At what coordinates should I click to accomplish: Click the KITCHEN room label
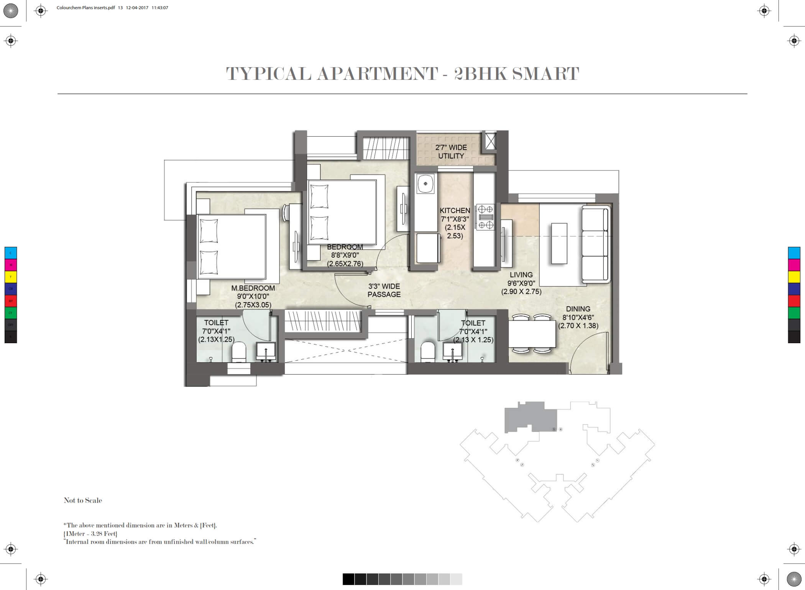click(x=455, y=211)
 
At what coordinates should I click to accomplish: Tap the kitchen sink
click(x=426, y=183)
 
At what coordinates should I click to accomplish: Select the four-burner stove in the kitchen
click(x=485, y=217)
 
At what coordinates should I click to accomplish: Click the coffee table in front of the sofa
click(x=559, y=243)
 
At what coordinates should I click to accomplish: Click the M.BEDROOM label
click(x=253, y=288)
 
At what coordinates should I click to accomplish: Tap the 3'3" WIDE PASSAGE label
click(x=384, y=290)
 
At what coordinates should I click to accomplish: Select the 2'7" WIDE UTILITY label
click(x=451, y=152)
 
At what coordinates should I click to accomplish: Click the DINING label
click(x=578, y=309)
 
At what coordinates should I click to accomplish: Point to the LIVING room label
click(x=521, y=275)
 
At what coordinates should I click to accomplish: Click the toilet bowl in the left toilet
click(x=239, y=352)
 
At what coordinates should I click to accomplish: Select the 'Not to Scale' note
click(x=83, y=500)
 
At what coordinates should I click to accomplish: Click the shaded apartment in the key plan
click(x=531, y=417)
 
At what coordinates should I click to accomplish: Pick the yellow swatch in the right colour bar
click(x=794, y=277)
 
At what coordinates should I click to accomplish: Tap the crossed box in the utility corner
click(x=490, y=141)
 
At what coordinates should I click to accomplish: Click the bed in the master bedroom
click(x=232, y=246)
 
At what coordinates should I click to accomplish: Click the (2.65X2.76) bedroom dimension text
click(x=345, y=264)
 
